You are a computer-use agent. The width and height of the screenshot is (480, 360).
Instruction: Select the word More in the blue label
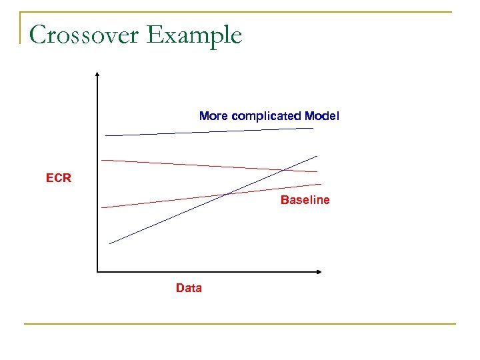(x=213, y=116)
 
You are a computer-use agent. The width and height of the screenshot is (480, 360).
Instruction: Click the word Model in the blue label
(x=322, y=116)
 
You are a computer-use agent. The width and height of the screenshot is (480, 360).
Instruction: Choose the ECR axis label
(x=59, y=179)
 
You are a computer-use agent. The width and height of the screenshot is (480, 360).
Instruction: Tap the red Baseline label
(x=305, y=200)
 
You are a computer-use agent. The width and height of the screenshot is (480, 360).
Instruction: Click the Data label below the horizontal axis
(x=189, y=288)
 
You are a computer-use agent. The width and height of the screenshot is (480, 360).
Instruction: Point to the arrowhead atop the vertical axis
(x=97, y=73)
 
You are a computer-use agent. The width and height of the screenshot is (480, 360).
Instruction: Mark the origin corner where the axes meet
(x=97, y=271)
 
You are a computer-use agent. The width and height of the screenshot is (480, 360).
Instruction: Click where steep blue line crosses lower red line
(x=227, y=194)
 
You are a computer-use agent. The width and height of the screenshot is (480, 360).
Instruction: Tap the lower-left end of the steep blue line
(x=109, y=243)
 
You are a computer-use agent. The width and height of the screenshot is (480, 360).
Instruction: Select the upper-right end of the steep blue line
(x=317, y=155)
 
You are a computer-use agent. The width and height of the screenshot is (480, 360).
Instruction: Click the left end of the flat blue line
(x=105, y=135)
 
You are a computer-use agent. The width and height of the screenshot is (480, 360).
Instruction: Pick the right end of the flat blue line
(x=313, y=129)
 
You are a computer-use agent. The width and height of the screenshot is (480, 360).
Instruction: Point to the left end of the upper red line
(x=101, y=160)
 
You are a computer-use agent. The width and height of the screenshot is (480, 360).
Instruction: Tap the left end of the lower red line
(x=101, y=207)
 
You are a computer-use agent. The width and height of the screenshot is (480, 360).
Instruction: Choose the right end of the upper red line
(x=317, y=171)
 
